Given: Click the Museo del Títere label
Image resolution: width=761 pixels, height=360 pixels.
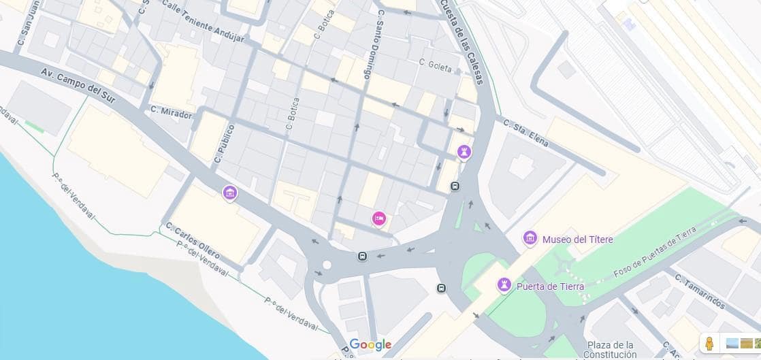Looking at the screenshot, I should (x=577, y=240).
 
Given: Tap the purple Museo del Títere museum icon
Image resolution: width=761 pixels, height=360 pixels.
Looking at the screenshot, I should (x=530, y=239).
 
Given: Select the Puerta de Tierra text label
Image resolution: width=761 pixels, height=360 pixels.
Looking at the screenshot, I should (x=550, y=287).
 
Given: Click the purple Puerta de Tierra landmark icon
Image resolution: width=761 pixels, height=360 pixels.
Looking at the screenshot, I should (x=504, y=284).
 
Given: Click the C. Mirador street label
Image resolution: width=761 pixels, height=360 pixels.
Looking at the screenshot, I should (x=171, y=114).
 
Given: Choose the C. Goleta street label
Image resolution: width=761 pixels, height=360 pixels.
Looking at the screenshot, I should (x=436, y=66).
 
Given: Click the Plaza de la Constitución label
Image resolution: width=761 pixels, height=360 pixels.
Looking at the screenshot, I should (x=611, y=349).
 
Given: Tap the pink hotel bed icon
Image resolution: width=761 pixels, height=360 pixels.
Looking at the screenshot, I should (x=379, y=218).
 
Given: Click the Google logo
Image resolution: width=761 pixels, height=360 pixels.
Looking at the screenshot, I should (x=370, y=344).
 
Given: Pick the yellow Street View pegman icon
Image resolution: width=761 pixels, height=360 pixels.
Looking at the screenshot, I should (x=709, y=343).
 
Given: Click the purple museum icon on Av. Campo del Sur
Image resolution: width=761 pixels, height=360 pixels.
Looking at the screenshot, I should (x=230, y=193).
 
